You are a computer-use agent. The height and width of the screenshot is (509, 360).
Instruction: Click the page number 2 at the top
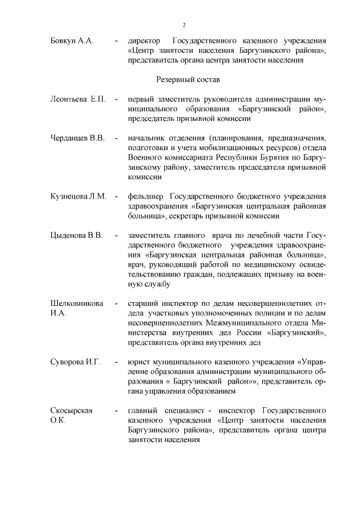(183, 25)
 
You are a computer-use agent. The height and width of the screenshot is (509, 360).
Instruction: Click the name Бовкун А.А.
(72, 42)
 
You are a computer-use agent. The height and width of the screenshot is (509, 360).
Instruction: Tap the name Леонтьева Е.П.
(78, 100)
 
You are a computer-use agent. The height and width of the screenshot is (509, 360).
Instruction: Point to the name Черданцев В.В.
(78, 138)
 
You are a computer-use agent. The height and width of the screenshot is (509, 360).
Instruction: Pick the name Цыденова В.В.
(76, 235)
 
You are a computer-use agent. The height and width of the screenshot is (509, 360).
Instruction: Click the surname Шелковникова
(77, 303)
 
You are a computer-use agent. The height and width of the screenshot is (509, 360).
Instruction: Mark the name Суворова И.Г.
(75, 361)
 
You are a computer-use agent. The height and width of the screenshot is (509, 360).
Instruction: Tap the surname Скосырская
(71, 410)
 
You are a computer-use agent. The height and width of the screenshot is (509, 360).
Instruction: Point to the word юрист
(138, 361)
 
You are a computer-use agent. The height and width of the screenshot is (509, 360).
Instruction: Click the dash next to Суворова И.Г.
(116, 361)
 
